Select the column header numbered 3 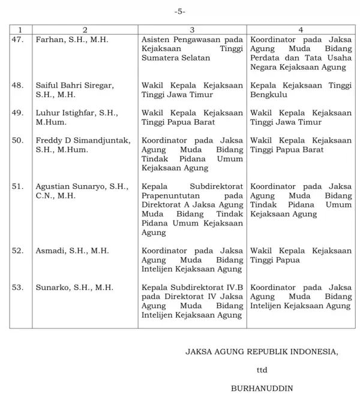192,29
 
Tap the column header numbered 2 85,29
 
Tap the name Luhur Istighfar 68,113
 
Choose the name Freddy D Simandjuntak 83,140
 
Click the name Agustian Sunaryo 74,186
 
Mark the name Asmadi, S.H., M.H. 72,251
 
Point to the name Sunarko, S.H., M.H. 74,287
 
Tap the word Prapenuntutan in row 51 171,195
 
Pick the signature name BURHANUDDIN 262,388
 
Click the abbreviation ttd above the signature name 262,370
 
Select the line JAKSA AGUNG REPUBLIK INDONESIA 262,352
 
